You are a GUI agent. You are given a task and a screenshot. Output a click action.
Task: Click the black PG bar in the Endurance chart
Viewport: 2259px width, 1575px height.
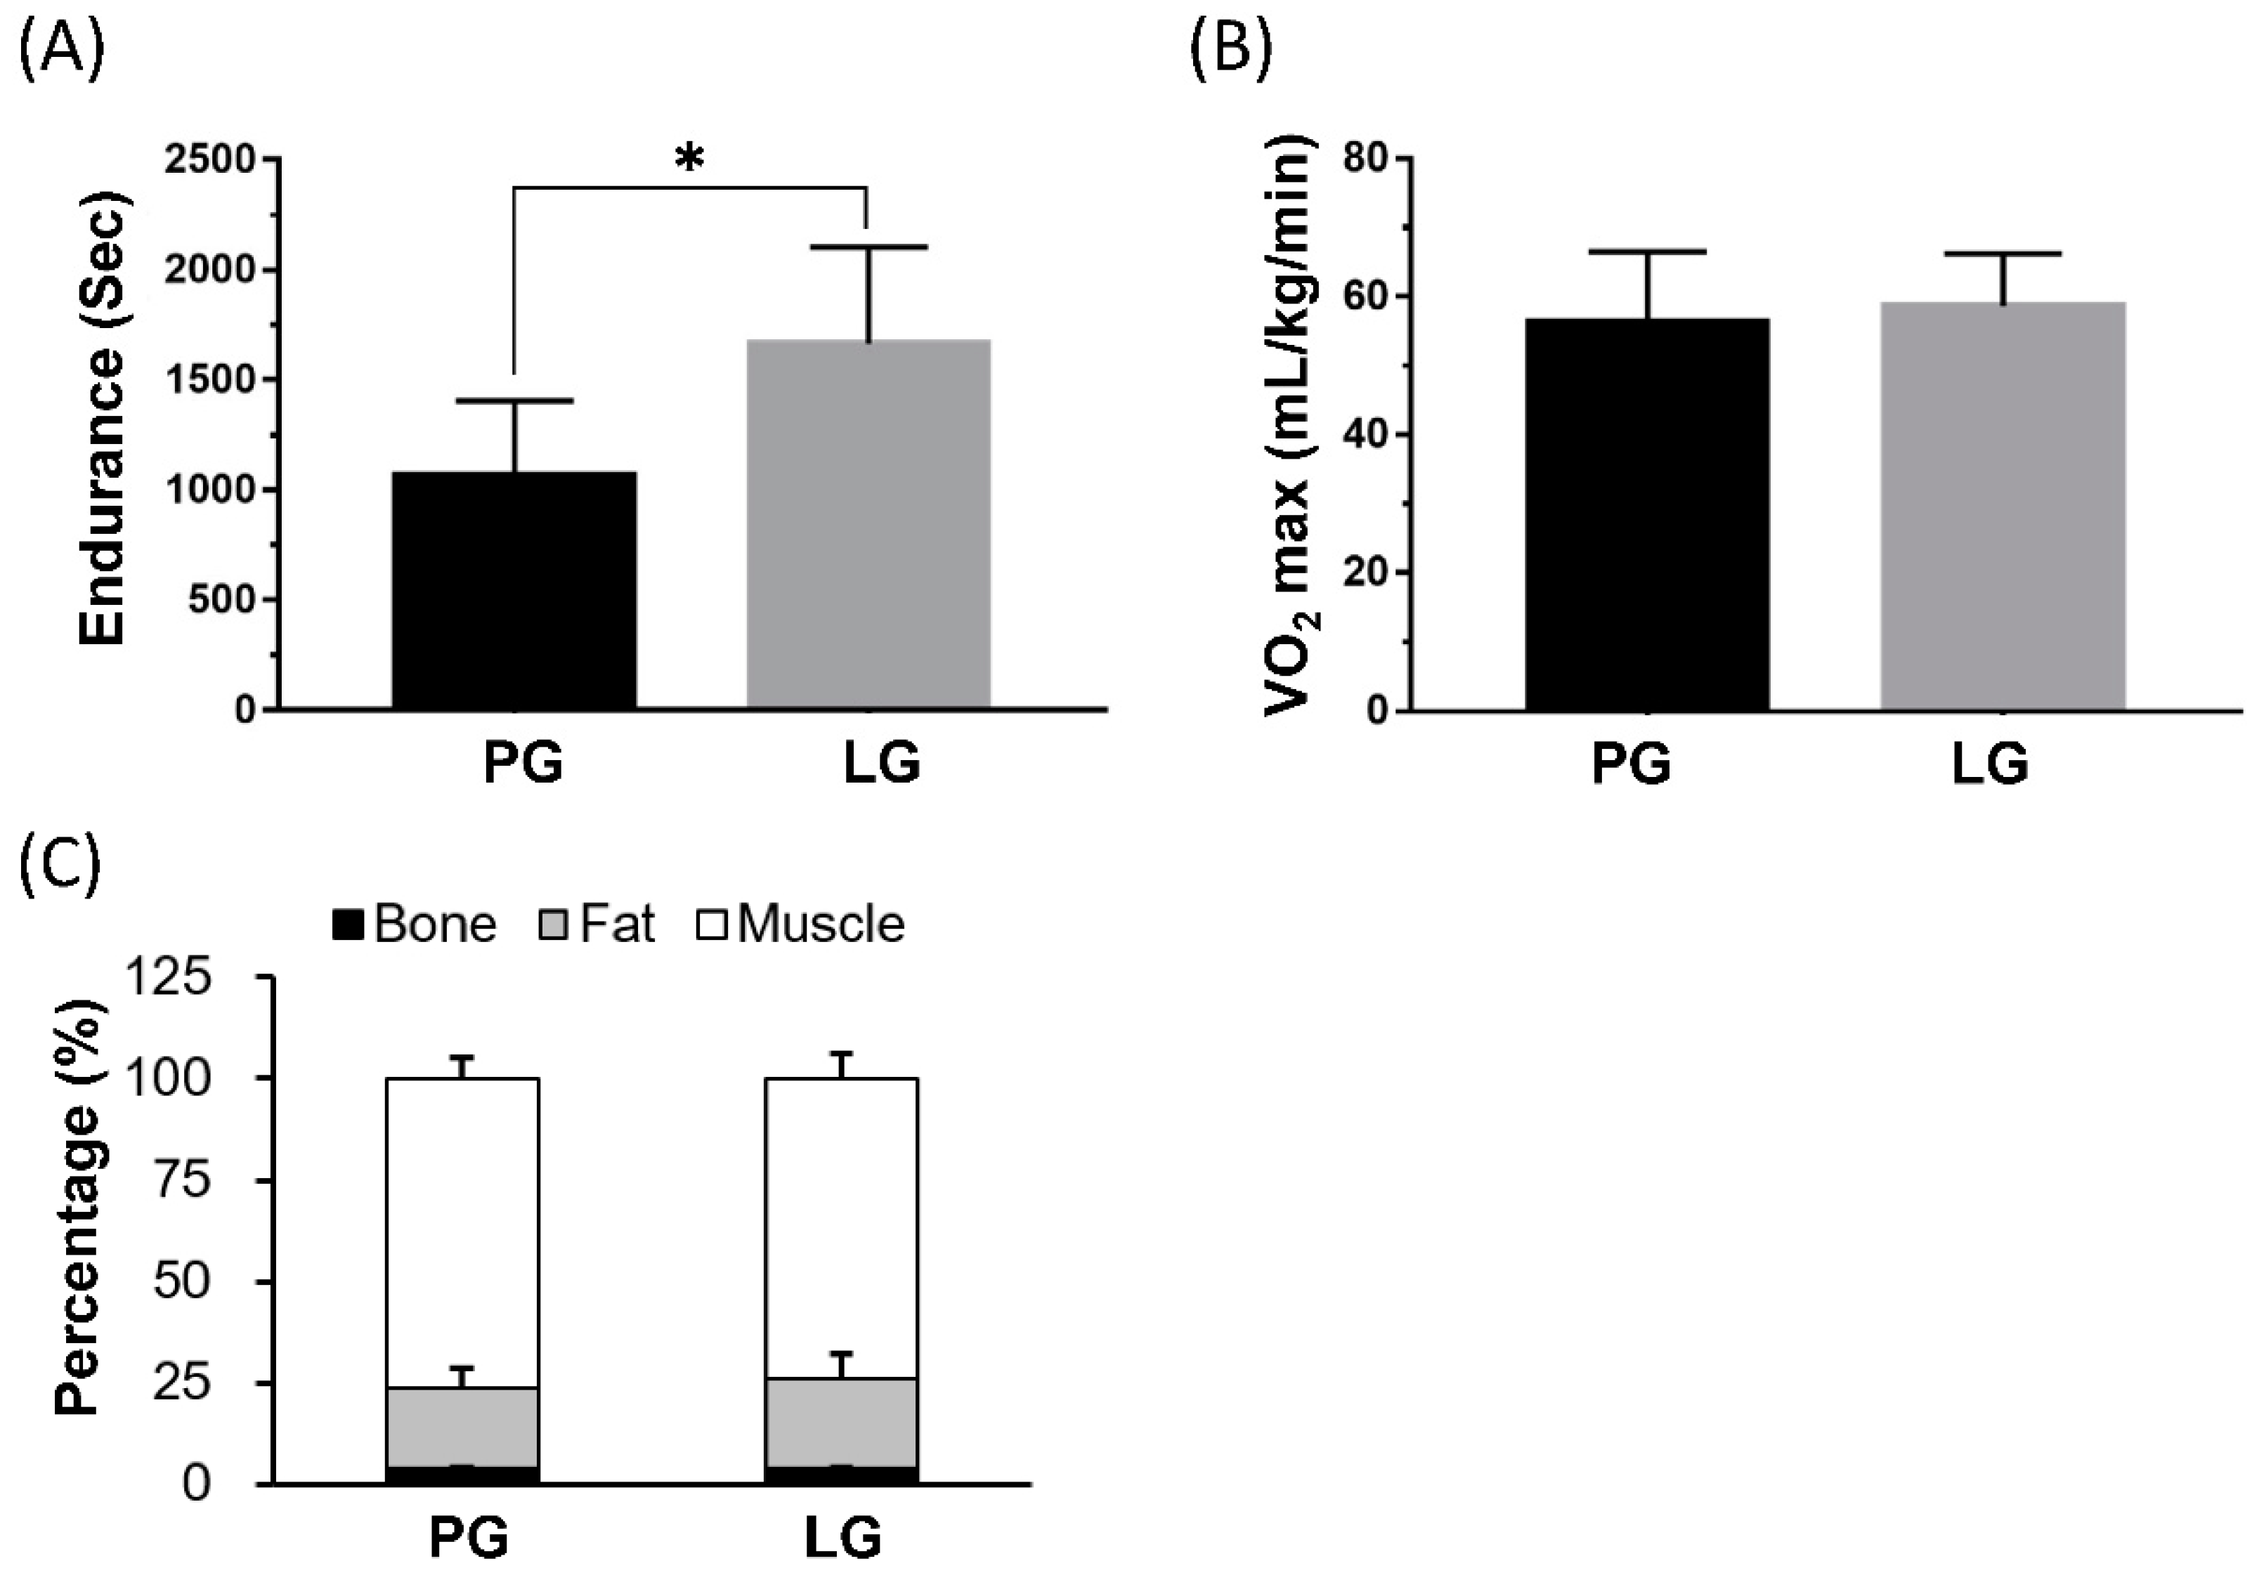click(514, 590)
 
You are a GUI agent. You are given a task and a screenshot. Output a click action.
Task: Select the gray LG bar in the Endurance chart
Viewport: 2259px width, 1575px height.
click(868, 524)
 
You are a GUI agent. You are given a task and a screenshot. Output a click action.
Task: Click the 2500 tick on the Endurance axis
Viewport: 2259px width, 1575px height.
click(209, 159)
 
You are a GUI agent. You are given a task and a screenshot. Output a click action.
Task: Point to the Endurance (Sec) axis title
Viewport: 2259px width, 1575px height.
click(103, 418)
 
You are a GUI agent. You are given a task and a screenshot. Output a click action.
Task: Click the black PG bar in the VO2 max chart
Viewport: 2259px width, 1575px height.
click(1647, 514)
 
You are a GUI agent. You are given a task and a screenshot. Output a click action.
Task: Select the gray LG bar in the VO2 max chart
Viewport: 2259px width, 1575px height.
click(2003, 506)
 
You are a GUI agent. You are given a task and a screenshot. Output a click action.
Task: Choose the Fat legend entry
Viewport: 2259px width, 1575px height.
click(597, 924)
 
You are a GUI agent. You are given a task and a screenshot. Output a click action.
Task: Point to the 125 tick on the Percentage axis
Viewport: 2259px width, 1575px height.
click(169, 978)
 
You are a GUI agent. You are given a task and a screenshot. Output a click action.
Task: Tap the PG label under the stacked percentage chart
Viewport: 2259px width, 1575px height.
click(469, 1538)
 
